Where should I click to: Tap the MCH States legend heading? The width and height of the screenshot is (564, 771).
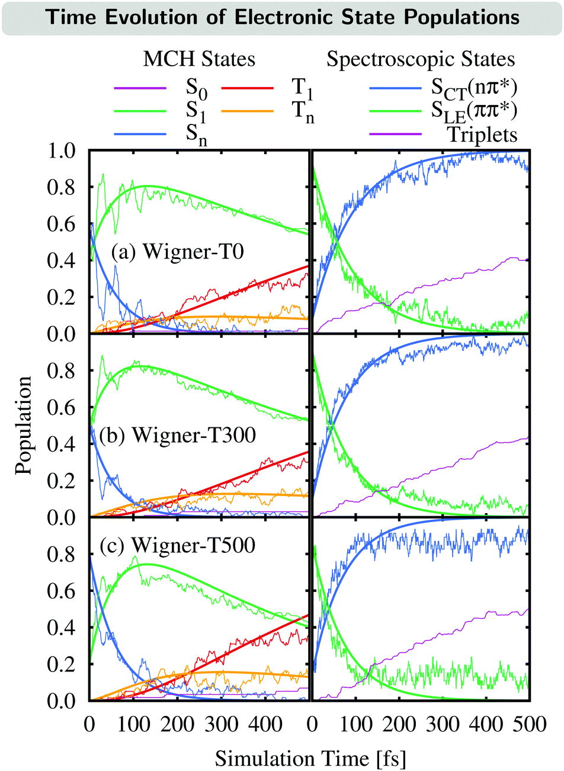tap(199, 59)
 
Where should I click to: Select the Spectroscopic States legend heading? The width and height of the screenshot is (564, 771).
tap(421, 59)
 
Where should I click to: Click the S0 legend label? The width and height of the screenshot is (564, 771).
tap(196, 88)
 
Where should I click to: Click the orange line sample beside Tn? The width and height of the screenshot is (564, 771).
tap(248, 111)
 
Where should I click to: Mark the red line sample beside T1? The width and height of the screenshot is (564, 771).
tap(248, 88)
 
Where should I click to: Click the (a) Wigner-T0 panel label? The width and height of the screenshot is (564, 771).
tap(178, 252)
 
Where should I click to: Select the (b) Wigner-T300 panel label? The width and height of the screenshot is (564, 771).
tap(178, 435)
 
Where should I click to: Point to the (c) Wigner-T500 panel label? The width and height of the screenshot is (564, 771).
tap(178, 545)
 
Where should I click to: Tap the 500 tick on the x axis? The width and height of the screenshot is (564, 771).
tap(529, 724)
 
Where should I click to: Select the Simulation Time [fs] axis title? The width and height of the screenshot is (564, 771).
tap(310, 758)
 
